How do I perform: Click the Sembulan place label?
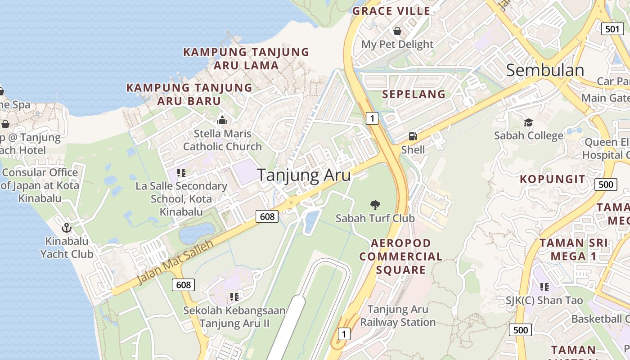[545, 70]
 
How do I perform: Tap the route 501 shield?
[612, 29]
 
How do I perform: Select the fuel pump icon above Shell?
[412, 136]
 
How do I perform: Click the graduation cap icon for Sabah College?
[528, 122]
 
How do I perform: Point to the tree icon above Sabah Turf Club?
[375, 205]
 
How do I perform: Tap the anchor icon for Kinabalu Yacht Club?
[67, 228]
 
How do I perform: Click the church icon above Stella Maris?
[222, 120]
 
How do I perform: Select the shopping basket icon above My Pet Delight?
[397, 31]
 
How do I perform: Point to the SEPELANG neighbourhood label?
[414, 94]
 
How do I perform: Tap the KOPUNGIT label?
[553, 179]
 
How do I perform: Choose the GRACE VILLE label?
[391, 11]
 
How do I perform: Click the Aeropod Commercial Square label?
[400, 256]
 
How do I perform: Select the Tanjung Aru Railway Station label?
[398, 316]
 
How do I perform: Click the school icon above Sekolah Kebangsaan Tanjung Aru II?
[234, 297]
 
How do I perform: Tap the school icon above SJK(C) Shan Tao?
[544, 287]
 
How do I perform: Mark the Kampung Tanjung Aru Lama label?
[246, 58]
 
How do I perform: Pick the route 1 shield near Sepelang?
[372, 118]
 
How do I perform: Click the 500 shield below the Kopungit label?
[606, 184]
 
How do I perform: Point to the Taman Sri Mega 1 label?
[574, 250]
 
